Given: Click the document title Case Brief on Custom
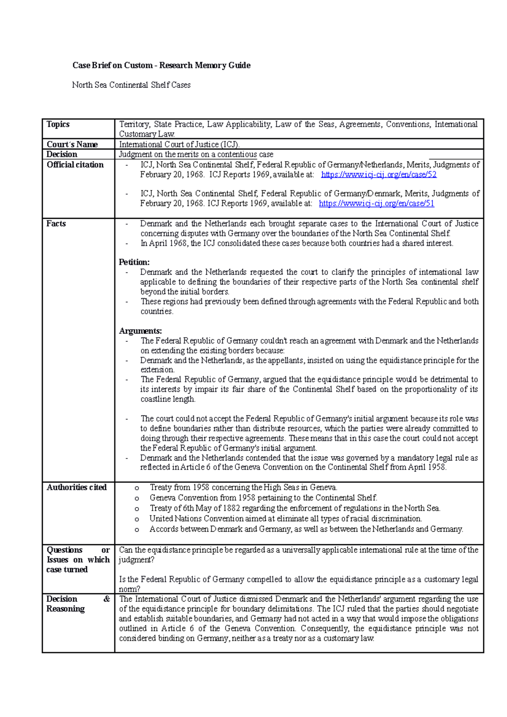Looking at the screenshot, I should pyautogui.click(x=161, y=65).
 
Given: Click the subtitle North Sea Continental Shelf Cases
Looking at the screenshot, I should pyautogui.click(x=131, y=85).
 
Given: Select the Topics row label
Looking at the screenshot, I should pyautogui.click(x=58, y=124).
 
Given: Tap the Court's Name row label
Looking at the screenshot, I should pyautogui.click(x=72, y=144).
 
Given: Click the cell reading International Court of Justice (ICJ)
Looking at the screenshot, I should pyautogui.click(x=179, y=144).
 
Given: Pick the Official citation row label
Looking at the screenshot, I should pyautogui.click(x=75, y=165).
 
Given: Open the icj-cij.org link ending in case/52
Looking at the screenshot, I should pyautogui.click(x=379, y=174).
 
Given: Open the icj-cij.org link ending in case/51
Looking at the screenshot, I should pyautogui.click(x=376, y=204).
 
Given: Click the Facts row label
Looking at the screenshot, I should pyautogui.click(x=56, y=223).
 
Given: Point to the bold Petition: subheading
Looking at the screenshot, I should pyautogui.click(x=134, y=262).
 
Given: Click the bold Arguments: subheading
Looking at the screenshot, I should pyautogui.click(x=140, y=331).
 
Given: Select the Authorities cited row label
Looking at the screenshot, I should pyautogui.click(x=76, y=487).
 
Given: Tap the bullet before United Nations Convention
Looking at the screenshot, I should pyautogui.click(x=137, y=519).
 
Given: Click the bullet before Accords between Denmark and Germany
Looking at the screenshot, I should pyautogui.click(x=137, y=530).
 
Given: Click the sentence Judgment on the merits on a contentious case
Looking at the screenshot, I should pyautogui.click(x=196, y=155).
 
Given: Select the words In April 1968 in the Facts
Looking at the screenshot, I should pyautogui.click(x=164, y=244).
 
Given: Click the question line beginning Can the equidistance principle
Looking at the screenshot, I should pyautogui.click(x=298, y=550).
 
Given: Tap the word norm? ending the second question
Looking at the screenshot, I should pyautogui.click(x=129, y=589).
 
